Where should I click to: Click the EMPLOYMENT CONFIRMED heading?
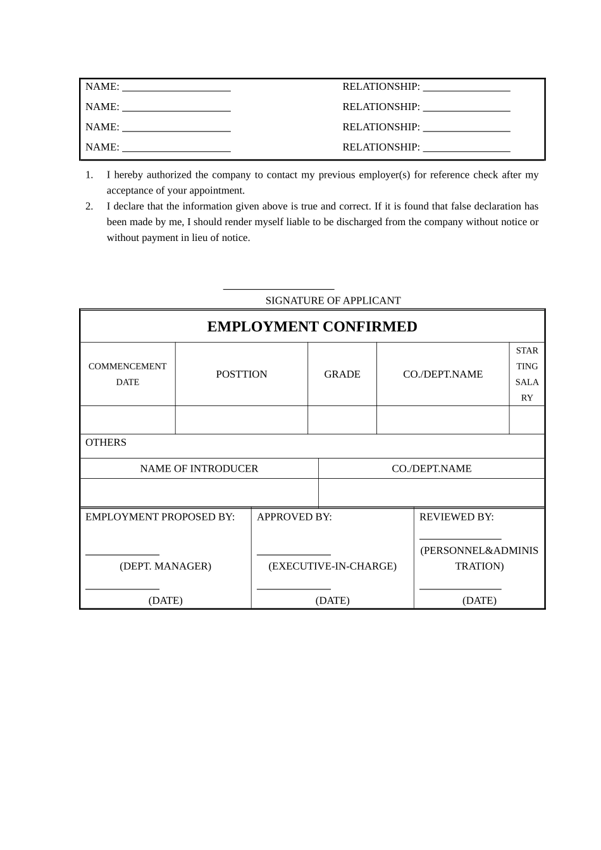pos(312,326)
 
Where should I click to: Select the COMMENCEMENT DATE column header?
pos(127,374)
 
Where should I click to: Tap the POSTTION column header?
pos(242,374)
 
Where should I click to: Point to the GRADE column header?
pos(342,374)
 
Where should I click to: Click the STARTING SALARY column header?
pos(527,374)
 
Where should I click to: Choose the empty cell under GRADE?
pos(342,420)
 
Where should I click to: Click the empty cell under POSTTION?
pos(242,420)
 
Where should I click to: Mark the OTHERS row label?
pos(106,442)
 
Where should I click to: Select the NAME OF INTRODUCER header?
pos(199,468)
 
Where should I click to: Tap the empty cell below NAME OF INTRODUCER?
pos(199,493)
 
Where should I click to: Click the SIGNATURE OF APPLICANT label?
pos(333,300)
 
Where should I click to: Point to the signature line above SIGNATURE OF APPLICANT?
pos(279,289)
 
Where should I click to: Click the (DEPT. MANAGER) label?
pos(165,566)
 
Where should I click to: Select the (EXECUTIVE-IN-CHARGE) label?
pos(332,566)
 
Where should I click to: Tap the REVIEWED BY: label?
pos(456,517)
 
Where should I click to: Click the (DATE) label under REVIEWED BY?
pos(479,600)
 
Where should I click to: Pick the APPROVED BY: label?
pos(294,517)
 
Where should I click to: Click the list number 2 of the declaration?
pos(89,206)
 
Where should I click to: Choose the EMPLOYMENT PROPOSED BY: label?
pos(160,517)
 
